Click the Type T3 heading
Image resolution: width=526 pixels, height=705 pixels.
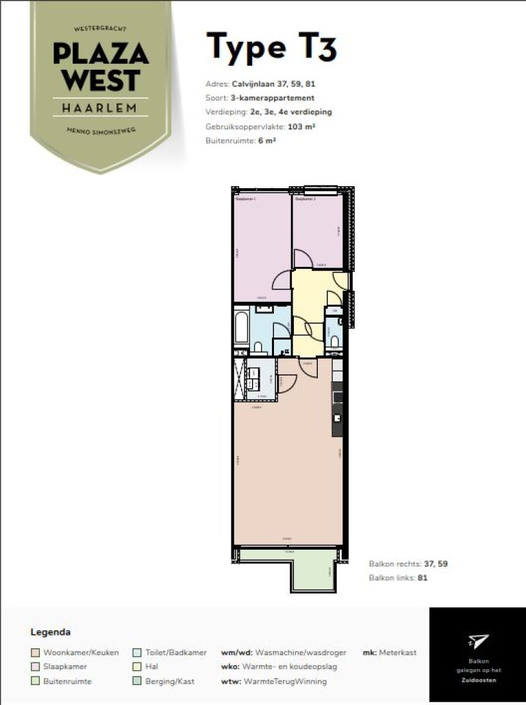point(272,47)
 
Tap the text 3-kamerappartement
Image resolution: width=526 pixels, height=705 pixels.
point(274,99)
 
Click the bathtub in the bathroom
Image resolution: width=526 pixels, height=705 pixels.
point(241,329)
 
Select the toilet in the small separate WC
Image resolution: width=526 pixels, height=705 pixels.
point(334,342)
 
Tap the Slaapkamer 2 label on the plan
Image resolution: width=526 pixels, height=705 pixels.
point(305,199)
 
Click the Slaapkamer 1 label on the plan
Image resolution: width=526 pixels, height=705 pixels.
point(246,199)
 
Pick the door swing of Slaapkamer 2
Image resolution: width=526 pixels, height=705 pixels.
point(303,259)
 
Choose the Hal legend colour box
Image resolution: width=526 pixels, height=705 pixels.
point(137,667)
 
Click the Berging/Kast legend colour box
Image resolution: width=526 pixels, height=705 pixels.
point(137,682)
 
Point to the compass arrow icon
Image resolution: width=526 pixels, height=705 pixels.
point(478,641)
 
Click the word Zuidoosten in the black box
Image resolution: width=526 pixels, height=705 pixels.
point(478,680)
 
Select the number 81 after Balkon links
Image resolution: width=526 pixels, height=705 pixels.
point(423,578)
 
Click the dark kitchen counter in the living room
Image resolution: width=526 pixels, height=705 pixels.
point(337,404)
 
